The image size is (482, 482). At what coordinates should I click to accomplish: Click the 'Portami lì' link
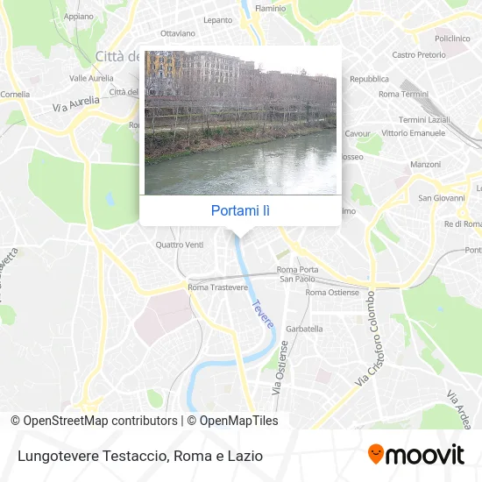pos(240,210)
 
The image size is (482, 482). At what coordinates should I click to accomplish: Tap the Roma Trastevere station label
pos(216,287)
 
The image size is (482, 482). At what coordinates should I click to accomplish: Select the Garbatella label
pos(305,329)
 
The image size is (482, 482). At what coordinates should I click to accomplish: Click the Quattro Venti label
pos(179,245)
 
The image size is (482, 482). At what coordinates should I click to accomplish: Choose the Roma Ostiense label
pos(327,292)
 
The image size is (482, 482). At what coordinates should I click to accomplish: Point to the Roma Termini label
pos(403,94)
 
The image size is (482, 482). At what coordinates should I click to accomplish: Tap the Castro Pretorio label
pos(416,54)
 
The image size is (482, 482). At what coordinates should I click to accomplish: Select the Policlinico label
pos(453,39)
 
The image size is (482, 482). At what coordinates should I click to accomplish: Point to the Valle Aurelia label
pos(90,77)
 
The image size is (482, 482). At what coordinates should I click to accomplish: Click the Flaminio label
pos(270,8)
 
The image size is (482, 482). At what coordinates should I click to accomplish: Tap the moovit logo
pos(415,454)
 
